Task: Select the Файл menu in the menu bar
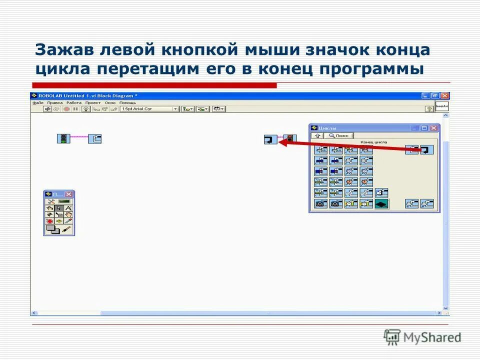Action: click(x=38, y=102)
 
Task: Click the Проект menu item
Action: click(x=93, y=102)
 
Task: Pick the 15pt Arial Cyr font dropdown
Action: click(x=149, y=108)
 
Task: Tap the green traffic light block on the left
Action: click(x=63, y=138)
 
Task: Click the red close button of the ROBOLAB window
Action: click(x=445, y=95)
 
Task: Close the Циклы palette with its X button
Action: click(x=433, y=128)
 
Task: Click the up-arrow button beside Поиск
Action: click(x=317, y=135)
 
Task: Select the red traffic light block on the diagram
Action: click(x=289, y=139)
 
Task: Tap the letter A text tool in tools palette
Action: click(x=68, y=208)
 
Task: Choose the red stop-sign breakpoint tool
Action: click(x=50, y=220)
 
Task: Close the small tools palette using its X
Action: click(x=69, y=194)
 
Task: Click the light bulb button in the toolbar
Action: click(x=85, y=108)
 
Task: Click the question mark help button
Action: click(x=428, y=108)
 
